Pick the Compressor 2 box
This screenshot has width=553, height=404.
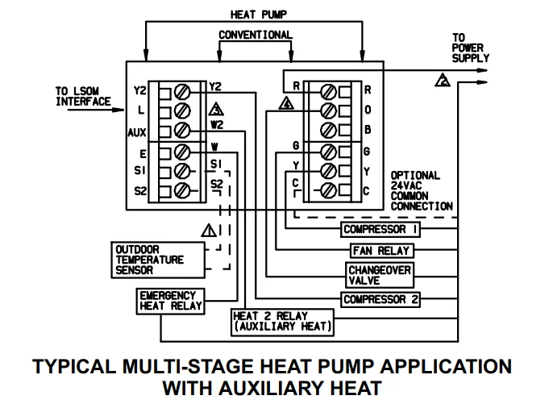(x=380, y=299)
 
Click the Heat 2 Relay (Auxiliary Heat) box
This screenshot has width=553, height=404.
(x=281, y=321)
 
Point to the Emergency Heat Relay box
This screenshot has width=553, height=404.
(x=170, y=301)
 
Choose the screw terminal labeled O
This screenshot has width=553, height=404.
(x=328, y=110)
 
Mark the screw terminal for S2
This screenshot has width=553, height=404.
(x=183, y=191)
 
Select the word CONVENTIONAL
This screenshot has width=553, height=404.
(x=256, y=35)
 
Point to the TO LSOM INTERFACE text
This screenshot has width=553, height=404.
(x=83, y=96)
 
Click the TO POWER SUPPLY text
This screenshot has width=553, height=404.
(x=467, y=48)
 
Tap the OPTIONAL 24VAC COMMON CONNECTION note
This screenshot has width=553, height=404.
(x=421, y=191)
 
